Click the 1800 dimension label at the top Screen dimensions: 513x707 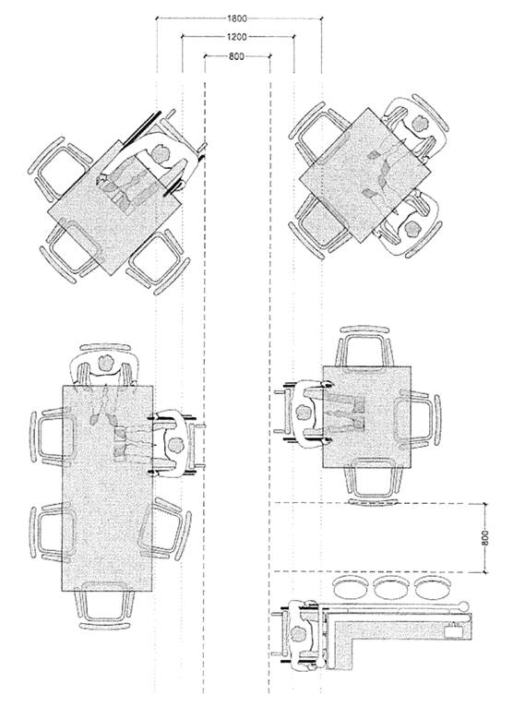click(x=237, y=18)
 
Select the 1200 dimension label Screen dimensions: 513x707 click(x=237, y=37)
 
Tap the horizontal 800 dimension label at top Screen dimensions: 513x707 click(x=237, y=56)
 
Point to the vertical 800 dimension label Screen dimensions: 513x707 click(x=485, y=537)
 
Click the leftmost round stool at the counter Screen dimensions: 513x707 click(x=351, y=588)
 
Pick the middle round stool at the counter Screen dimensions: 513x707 click(x=391, y=588)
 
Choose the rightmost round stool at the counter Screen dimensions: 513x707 click(x=432, y=588)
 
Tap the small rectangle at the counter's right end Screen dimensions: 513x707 click(x=454, y=630)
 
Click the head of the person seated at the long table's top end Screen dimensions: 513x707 click(x=106, y=363)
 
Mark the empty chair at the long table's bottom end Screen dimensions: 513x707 click(x=104, y=605)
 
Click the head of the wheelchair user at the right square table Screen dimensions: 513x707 click(x=304, y=412)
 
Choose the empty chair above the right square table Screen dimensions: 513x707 click(x=364, y=346)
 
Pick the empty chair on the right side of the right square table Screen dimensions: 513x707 click(x=418, y=420)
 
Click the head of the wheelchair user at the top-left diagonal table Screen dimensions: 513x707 click(x=160, y=153)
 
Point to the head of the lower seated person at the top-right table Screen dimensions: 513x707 click(x=412, y=228)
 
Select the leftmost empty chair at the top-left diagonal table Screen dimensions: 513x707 click(x=59, y=168)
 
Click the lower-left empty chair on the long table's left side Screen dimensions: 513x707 click(x=51, y=533)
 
